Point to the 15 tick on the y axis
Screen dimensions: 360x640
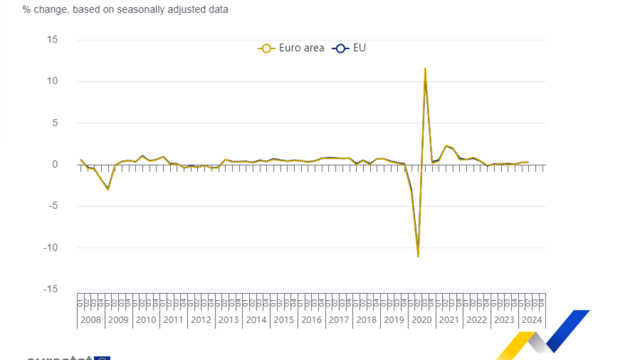click(52, 39)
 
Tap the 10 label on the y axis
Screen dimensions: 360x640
click(52, 81)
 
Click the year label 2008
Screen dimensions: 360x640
click(90, 320)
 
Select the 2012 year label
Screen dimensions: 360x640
click(201, 320)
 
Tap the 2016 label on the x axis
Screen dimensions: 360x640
click(311, 320)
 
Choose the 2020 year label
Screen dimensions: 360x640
click(421, 320)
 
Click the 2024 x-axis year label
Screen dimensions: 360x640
click(531, 320)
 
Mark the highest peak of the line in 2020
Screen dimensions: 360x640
click(425, 68)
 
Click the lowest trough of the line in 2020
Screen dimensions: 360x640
click(418, 256)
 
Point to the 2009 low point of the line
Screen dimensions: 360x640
click(108, 189)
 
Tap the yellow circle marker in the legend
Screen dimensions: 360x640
click(266, 48)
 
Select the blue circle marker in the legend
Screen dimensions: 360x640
click(341, 48)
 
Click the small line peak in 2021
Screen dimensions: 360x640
click(445, 146)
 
